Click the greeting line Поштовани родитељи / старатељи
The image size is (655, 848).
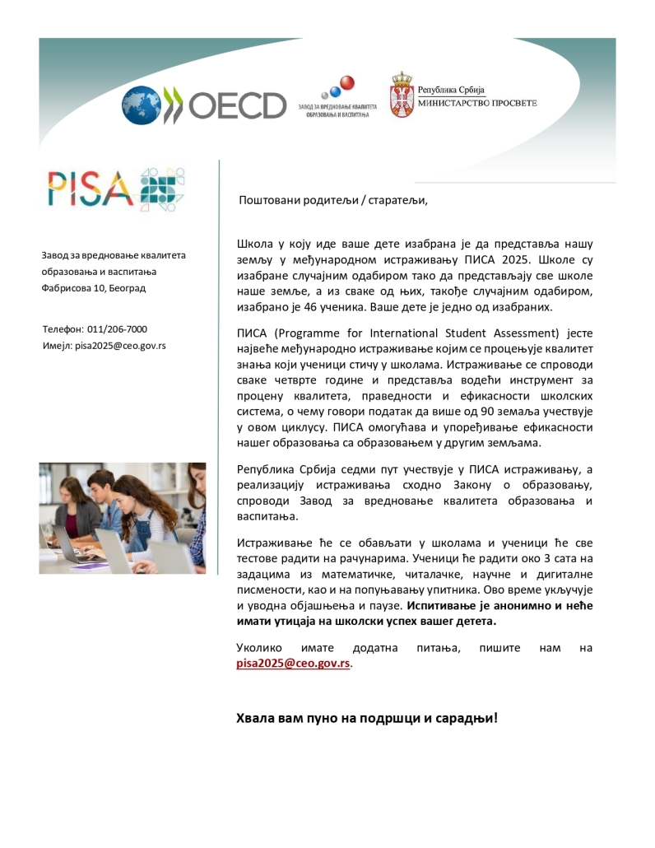point(333,200)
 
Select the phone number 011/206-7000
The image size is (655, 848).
point(117,328)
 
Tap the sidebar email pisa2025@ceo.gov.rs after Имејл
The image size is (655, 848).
point(120,345)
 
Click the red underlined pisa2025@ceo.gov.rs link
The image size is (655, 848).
point(293,664)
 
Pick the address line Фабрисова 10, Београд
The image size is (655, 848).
point(93,288)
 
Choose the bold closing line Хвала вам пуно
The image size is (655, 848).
point(366,717)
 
